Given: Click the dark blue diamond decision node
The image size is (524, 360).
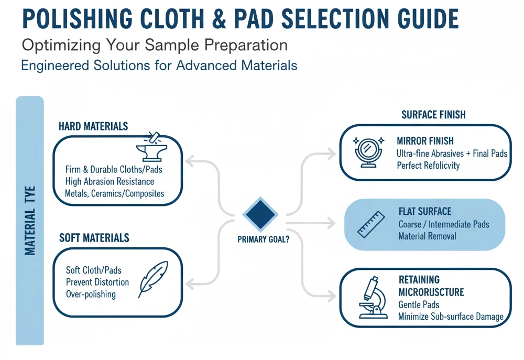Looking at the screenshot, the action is [260, 214].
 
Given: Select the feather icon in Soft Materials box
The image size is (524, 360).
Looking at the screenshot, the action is [154, 279].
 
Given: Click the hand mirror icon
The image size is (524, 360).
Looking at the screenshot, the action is [368, 152].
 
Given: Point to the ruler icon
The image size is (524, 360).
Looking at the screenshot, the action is [371, 224].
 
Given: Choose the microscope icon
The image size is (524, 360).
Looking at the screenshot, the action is [373, 298].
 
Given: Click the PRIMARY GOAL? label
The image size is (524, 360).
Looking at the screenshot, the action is [264, 239].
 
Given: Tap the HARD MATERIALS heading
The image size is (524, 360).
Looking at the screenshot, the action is [93, 126].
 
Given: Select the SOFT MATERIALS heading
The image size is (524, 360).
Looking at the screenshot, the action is [94, 238].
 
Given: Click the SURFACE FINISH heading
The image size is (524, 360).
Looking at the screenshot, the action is [433, 115].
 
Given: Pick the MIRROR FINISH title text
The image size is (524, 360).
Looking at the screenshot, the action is [425, 141].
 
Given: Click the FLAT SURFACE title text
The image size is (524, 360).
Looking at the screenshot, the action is [425, 211].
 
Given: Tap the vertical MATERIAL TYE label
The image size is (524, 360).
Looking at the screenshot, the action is [30, 221].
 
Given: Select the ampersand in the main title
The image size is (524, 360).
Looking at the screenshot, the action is [219, 19].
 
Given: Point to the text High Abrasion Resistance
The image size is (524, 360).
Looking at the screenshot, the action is [110, 181].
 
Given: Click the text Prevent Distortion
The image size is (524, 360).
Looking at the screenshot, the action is [97, 282].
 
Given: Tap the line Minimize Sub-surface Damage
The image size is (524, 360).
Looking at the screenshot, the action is [451, 317].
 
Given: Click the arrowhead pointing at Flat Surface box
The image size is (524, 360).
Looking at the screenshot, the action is [331, 223].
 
